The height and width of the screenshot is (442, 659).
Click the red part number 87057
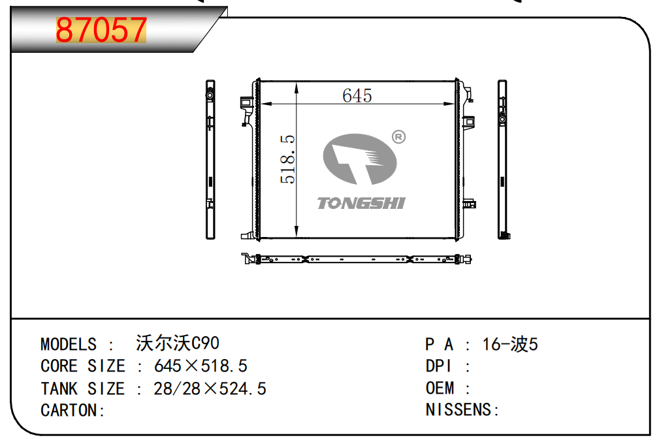click(x=101, y=30)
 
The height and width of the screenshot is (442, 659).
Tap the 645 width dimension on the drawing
click(x=357, y=96)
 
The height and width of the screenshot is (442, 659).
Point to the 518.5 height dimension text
click(x=288, y=159)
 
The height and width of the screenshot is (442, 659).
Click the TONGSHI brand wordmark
click(x=361, y=203)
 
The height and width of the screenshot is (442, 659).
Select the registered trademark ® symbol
click(x=398, y=137)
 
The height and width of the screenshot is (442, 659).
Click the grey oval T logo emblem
click(x=360, y=159)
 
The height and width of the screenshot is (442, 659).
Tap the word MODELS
click(x=69, y=345)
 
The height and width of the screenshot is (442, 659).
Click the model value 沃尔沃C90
click(x=178, y=343)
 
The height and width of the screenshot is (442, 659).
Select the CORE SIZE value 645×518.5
click(x=201, y=366)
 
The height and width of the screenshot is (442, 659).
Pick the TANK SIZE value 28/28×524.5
click(x=210, y=388)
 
